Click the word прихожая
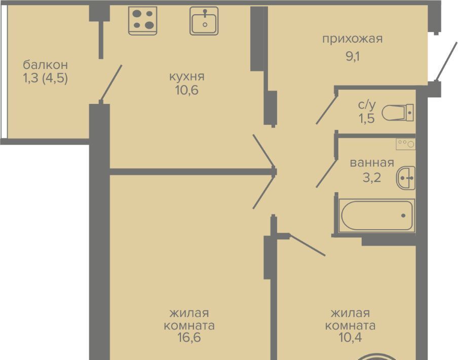click(352, 39)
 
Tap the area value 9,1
click(353, 56)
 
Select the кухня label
click(187, 77)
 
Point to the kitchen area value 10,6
click(187, 90)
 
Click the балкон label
click(45, 64)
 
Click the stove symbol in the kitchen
click(143, 21)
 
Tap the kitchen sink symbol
click(204, 21)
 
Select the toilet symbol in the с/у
click(398, 113)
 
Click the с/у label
click(367, 104)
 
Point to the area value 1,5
click(367, 118)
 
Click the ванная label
click(372, 162)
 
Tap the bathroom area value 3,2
click(372, 177)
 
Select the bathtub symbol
click(377, 215)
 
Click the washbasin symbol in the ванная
click(406, 177)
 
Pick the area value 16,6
click(189, 337)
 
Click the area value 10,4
click(350, 337)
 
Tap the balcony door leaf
click(111, 83)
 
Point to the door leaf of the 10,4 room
click(308, 245)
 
